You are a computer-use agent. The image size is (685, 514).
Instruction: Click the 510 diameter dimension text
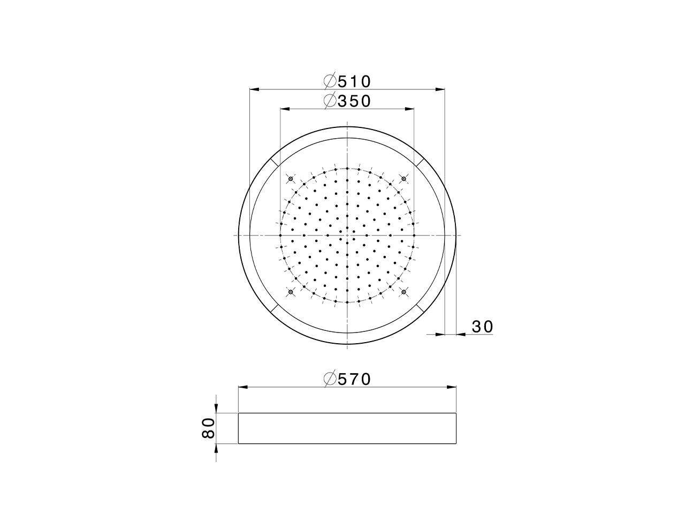click(354, 81)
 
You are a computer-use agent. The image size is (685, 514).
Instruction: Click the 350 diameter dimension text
click(354, 101)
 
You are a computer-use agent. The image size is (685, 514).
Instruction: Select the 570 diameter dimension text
click(354, 379)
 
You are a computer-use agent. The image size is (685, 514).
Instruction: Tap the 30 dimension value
click(482, 327)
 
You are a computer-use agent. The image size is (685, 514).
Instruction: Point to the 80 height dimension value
click(208, 428)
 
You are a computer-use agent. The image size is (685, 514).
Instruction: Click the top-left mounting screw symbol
click(291, 178)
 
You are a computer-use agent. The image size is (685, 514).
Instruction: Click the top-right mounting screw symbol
click(404, 178)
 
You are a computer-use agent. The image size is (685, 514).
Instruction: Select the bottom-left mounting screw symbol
click(291, 292)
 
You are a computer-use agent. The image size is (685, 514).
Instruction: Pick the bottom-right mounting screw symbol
click(404, 292)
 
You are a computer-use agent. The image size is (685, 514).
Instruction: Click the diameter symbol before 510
click(330, 81)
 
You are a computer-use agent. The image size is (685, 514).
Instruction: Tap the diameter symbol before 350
click(330, 101)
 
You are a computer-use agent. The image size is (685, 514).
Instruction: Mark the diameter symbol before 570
click(330, 379)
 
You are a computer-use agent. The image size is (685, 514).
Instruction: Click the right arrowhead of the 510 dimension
click(441, 89)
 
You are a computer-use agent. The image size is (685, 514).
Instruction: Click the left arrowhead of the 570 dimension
click(242, 387)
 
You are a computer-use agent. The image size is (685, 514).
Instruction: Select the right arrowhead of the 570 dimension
click(452, 387)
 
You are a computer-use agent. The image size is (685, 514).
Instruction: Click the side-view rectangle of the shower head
click(347, 428)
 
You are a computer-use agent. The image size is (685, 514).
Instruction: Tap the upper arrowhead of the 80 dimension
click(216, 409)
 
